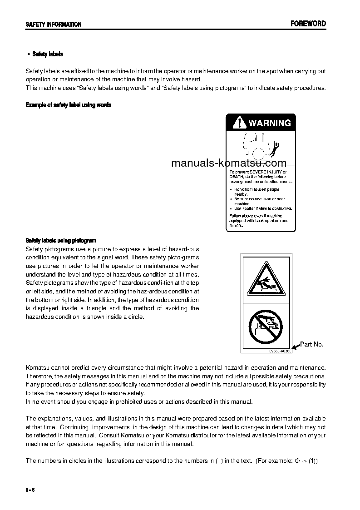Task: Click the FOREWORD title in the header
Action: coord(308,24)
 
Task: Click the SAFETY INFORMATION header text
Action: coord(54,25)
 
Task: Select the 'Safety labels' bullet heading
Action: coord(47,54)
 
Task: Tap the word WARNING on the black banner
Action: coord(269,123)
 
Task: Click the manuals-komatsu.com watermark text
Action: coord(229,163)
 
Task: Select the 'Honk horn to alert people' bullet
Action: coord(256,189)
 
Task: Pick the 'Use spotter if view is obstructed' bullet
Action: coord(263,208)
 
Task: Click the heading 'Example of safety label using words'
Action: coord(69,105)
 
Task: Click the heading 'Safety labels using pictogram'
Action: coord(61,241)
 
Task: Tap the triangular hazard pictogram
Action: coord(266,280)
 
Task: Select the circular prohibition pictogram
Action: coord(266,325)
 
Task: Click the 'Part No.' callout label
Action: coord(312,344)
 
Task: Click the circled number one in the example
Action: coord(296,460)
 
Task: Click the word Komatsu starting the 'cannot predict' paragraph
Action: coord(38,367)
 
